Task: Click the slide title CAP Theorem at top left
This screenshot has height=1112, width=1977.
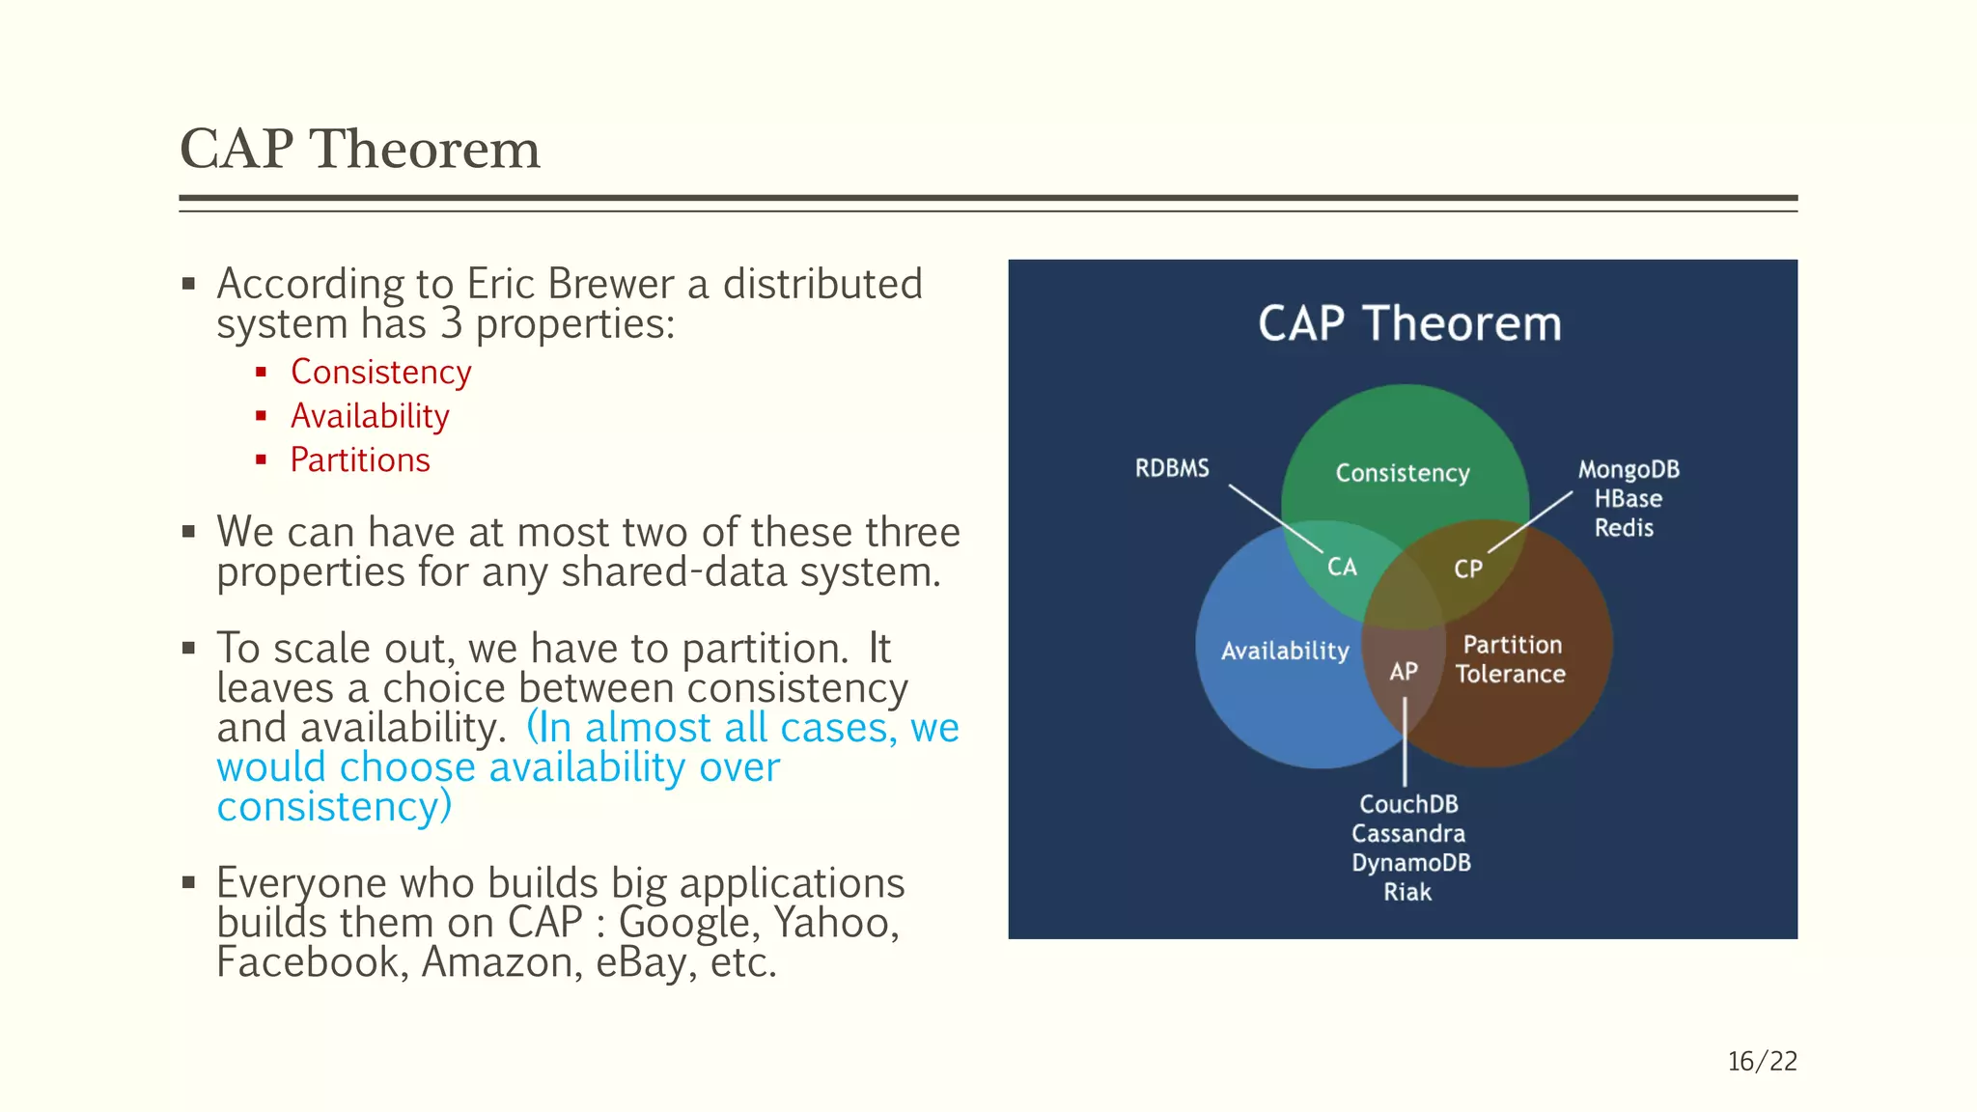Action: click(x=359, y=150)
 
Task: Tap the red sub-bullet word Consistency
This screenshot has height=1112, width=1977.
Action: click(x=380, y=373)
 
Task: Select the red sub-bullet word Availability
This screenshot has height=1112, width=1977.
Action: click(x=370, y=416)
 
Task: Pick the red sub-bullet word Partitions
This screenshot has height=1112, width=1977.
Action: click(x=360, y=460)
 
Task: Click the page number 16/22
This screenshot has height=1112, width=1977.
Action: click(x=1762, y=1061)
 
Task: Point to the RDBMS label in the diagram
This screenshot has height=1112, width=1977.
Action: click(x=1172, y=468)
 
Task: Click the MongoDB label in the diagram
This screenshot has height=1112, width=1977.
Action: click(x=1629, y=470)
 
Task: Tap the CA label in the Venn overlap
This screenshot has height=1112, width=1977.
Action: click(x=1342, y=567)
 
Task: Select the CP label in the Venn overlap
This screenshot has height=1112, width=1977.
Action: click(x=1467, y=570)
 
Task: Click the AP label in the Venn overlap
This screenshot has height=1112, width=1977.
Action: click(x=1404, y=671)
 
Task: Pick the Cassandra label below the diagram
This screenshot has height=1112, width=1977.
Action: click(x=1408, y=833)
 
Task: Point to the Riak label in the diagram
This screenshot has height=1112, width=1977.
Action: click(x=1407, y=892)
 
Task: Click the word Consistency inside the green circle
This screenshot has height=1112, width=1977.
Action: click(x=1403, y=473)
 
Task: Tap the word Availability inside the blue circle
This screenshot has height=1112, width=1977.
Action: click(x=1285, y=651)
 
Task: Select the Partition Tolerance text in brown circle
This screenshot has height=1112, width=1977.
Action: click(x=1511, y=659)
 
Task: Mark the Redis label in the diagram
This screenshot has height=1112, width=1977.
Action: click(x=1624, y=528)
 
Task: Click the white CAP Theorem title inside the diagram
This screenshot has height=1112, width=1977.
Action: click(x=1408, y=323)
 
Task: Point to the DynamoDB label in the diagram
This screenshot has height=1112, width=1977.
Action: click(x=1410, y=862)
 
